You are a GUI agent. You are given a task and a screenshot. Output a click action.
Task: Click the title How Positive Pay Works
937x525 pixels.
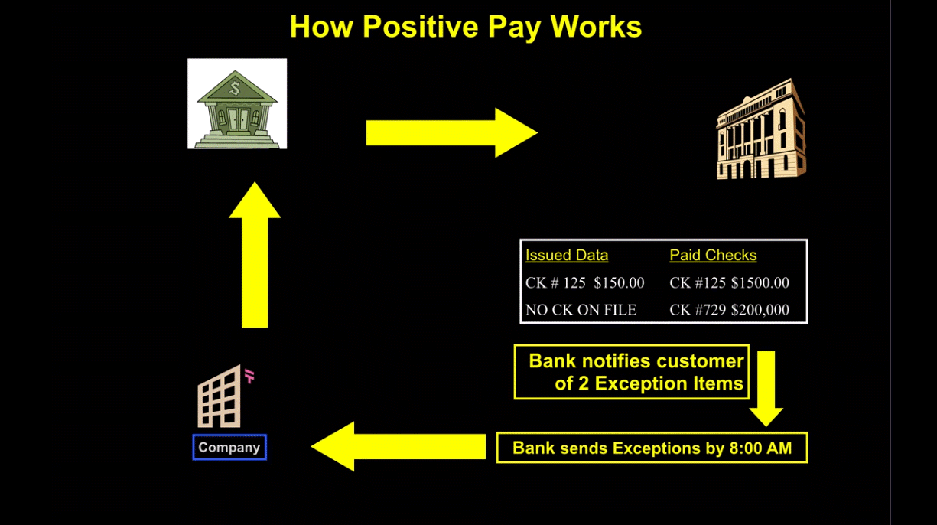click(466, 27)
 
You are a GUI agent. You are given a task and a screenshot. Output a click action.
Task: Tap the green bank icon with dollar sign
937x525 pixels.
click(237, 104)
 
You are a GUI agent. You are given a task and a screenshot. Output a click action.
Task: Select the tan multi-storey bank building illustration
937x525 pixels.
click(761, 129)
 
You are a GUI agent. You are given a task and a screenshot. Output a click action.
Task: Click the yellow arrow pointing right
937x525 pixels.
click(452, 132)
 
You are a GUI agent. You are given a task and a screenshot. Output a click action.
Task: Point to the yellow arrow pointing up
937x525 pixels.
click(255, 255)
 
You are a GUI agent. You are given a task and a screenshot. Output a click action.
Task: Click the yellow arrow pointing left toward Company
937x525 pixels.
click(399, 446)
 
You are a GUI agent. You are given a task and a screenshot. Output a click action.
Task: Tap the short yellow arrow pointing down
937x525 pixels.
click(766, 389)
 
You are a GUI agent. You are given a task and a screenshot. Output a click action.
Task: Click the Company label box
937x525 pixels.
click(229, 447)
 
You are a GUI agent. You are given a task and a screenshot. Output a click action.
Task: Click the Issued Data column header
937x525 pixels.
click(567, 255)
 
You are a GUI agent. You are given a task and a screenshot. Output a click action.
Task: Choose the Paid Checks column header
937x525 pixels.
click(713, 255)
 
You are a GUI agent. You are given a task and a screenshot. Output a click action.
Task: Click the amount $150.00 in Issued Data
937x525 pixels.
click(619, 283)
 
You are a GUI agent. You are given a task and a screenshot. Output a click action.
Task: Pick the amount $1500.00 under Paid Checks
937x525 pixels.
click(760, 283)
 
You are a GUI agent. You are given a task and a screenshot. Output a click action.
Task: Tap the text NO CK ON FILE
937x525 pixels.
click(581, 310)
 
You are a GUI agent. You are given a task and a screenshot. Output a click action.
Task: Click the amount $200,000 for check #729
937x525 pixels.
click(760, 310)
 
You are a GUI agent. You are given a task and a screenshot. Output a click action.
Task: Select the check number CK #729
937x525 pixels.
click(698, 310)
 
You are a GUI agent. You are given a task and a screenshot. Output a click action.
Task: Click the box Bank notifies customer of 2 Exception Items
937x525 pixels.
click(632, 372)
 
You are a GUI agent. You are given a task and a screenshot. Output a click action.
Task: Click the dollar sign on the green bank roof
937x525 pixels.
click(235, 88)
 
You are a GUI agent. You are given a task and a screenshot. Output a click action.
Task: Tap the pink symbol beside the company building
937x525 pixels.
click(249, 376)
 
